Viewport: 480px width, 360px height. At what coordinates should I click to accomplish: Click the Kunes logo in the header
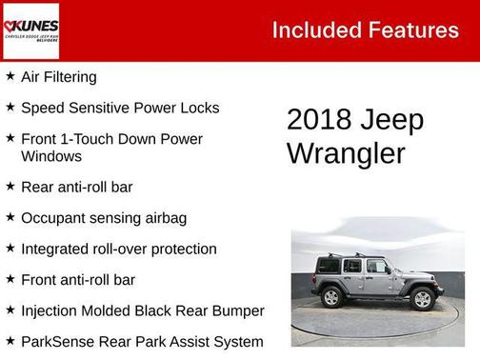31,30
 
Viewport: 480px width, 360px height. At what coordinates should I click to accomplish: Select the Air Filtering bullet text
58,77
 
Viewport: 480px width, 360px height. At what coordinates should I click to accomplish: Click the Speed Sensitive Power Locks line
119,108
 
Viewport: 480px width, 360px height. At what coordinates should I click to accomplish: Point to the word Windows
50,156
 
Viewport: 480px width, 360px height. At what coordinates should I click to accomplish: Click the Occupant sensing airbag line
103,218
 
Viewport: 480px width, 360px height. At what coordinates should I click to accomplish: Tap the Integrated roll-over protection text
118,249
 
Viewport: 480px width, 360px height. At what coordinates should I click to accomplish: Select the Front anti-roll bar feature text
78,280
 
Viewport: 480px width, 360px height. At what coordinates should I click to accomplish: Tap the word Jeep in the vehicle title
393,121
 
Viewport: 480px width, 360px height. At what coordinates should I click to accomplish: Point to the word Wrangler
346,153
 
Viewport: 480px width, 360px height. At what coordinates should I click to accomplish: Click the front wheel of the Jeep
422,299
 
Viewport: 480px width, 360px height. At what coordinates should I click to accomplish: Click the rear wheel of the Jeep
332,297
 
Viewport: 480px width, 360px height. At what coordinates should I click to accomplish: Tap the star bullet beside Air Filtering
10,76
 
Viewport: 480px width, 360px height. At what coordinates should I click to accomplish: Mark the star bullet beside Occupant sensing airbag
10,217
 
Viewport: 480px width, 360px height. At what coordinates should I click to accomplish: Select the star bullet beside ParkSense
10,340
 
